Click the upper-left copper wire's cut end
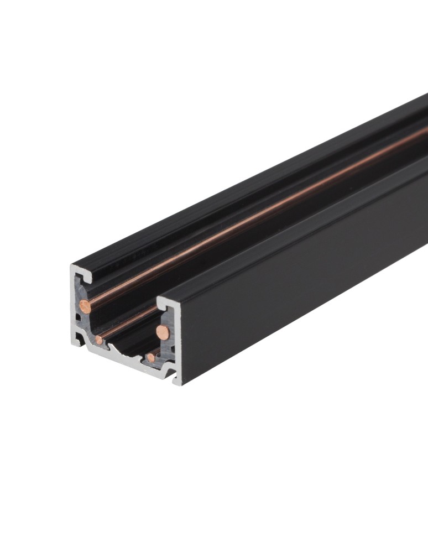point(85,304)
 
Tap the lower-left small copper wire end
point(98,339)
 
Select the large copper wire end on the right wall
point(162,332)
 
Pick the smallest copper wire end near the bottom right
point(150,358)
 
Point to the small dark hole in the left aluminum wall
point(79,317)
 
